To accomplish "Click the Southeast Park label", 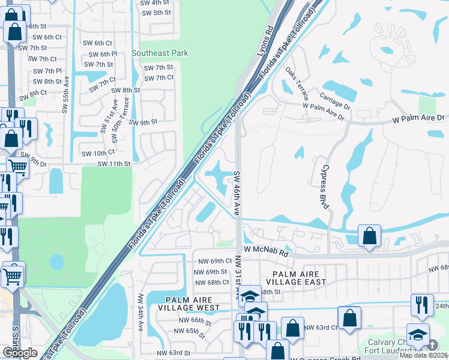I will click(x=160, y=53).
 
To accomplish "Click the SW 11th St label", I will click(x=114, y=164).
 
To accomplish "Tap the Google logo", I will click(x=20, y=353).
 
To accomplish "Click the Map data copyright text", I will click(x=423, y=355).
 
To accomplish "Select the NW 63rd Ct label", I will click(x=321, y=327).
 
